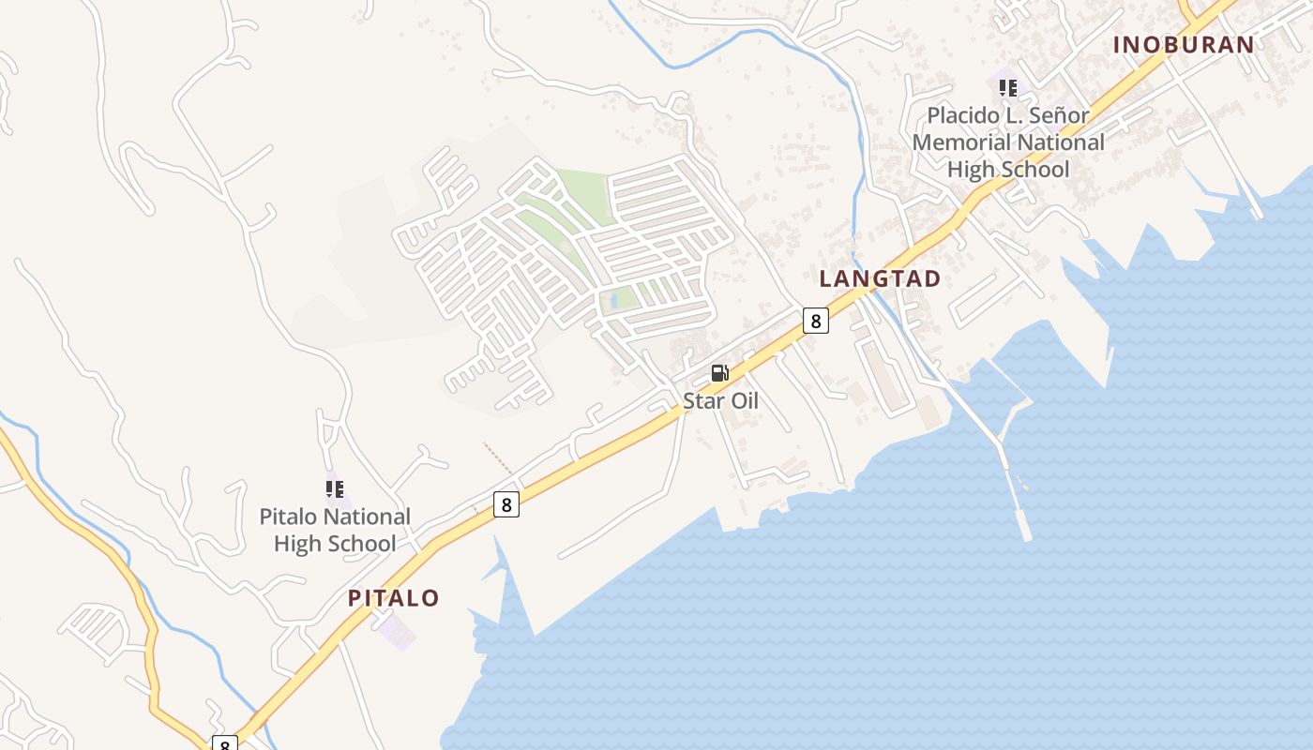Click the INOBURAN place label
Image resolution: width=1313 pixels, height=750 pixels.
pyautogui.click(x=1184, y=44)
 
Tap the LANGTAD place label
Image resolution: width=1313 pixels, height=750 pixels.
pyautogui.click(x=880, y=278)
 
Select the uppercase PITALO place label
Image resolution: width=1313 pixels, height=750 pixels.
pyautogui.click(x=394, y=598)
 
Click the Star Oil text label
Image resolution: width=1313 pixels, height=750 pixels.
pyautogui.click(x=720, y=400)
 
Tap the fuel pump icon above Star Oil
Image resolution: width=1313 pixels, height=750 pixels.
pyautogui.click(x=719, y=373)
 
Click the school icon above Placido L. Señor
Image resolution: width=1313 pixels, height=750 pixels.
pyautogui.click(x=1008, y=88)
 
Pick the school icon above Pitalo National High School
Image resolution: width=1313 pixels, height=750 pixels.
pyautogui.click(x=335, y=488)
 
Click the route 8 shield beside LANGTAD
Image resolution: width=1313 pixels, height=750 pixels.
pyautogui.click(x=816, y=321)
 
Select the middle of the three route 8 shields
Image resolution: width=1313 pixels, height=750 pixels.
pyautogui.click(x=506, y=504)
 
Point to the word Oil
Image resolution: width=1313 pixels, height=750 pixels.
pyautogui.click(x=741, y=400)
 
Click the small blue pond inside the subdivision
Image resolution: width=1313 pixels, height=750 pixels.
pyautogui.click(x=614, y=300)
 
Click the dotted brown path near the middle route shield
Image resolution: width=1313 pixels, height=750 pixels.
pyautogui.click(x=498, y=458)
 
